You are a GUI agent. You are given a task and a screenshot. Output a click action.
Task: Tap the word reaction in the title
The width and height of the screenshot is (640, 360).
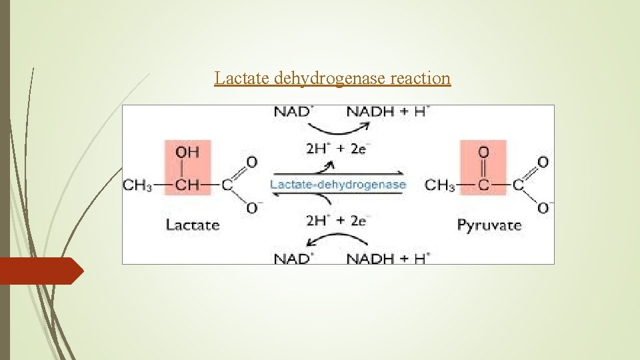pyautogui.click(x=421, y=79)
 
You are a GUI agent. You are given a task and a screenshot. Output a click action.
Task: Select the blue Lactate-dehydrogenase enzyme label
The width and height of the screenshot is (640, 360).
pyautogui.click(x=338, y=185)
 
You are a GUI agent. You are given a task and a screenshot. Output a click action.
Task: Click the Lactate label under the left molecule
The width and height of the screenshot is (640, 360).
pyautogui.click(x=192, y=225)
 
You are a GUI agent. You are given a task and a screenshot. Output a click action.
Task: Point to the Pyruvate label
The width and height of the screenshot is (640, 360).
pyautogui.click(x=489, y=225)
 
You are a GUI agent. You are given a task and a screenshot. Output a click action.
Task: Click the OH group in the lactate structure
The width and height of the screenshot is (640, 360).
pyautogui.click(x=187, y=152)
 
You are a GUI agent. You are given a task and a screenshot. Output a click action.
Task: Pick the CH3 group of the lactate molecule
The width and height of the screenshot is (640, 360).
pyautogui.click(x=137, y=185)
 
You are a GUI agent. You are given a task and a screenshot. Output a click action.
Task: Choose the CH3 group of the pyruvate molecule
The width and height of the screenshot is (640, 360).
pyautogui.click(x=440, y=185)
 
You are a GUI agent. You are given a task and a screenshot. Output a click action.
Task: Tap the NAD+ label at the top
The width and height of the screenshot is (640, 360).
pyautogui.click(x=293, y=111)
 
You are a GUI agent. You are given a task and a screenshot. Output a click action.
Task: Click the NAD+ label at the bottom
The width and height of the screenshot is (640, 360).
pyautogui.click(x=293, y=258)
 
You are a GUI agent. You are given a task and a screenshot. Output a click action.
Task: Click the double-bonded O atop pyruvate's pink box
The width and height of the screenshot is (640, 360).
pyautogui.click(x=483, y=152)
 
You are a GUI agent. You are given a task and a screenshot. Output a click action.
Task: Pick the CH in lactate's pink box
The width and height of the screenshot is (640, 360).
pyautogui.click(x=187, y=185)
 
